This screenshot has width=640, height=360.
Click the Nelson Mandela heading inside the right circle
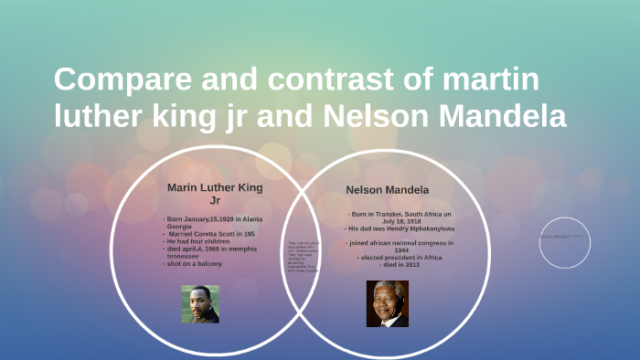(388, 190)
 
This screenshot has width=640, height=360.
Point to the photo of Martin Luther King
(199, 304)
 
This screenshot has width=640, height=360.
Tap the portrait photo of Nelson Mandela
(388, 303)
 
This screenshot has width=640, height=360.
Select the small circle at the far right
(564, 241)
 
